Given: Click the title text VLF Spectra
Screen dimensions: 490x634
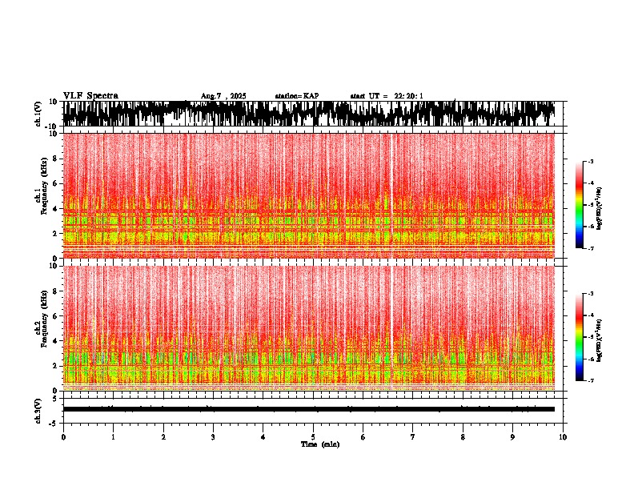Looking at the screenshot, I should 90,96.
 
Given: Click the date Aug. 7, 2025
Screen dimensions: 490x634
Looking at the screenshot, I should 223,96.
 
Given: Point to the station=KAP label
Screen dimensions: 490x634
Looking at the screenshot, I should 297,96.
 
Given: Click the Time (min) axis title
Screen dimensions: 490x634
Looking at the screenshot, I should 319,444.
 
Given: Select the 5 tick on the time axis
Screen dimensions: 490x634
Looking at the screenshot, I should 313,437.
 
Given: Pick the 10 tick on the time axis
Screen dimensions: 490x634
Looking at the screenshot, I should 563,437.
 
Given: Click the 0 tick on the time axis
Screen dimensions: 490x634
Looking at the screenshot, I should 63,437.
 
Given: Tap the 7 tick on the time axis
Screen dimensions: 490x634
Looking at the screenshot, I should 413,437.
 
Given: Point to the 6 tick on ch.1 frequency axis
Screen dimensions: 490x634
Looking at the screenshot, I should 54,183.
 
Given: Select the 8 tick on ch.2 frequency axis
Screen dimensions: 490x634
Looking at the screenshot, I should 54,291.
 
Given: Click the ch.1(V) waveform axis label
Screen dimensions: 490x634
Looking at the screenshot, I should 38,114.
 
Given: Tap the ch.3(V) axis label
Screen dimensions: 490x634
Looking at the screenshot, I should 38,409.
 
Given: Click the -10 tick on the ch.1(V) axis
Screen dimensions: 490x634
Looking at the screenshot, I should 51,127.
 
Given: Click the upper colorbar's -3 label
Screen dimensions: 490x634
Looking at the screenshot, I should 590,163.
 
